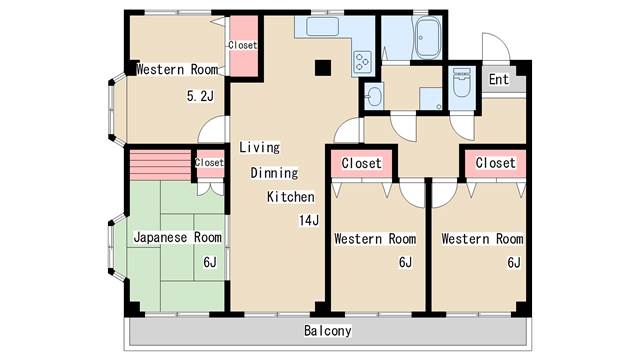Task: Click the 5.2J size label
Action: (201, 97)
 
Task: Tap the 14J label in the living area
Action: (307, 221)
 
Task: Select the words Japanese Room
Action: (178, 238)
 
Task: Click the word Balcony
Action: (328, 331)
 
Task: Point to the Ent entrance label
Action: (498, 79)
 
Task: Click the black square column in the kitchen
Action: (323, 68)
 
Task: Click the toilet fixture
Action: (461, 85)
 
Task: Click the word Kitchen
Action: (291, 197)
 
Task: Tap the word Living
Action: (259, 147)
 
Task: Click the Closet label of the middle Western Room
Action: (361, 163)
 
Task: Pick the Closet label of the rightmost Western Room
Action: (495, 163)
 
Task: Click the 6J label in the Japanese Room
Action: (210, 262)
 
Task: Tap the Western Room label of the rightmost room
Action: (482, 239)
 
